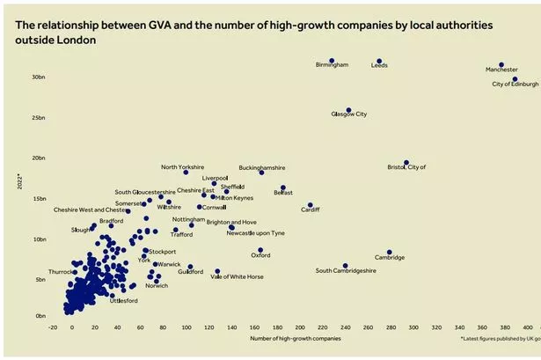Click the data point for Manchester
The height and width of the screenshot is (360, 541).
(x=501, y=65)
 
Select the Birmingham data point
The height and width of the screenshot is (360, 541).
(x=332, y=61)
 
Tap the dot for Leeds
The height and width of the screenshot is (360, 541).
(x=379, y=62)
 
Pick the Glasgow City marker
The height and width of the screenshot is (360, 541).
(x=348, y=111)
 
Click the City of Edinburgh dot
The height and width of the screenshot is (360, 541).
(x=515, y=79)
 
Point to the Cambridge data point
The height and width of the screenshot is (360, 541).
(x=390, y=252)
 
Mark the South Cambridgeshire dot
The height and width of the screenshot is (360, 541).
(x=345, y=265)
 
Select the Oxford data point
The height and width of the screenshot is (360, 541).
(x=260, y=250)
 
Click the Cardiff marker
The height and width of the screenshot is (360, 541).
(x=310, y=204)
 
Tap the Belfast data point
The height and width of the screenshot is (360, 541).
(x=282, y=187)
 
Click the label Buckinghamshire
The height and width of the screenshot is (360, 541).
(x=262, y=166)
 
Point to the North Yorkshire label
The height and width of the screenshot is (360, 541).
(x=182, y=166)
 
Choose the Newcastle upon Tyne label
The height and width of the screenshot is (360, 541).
(x=255, y=233)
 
